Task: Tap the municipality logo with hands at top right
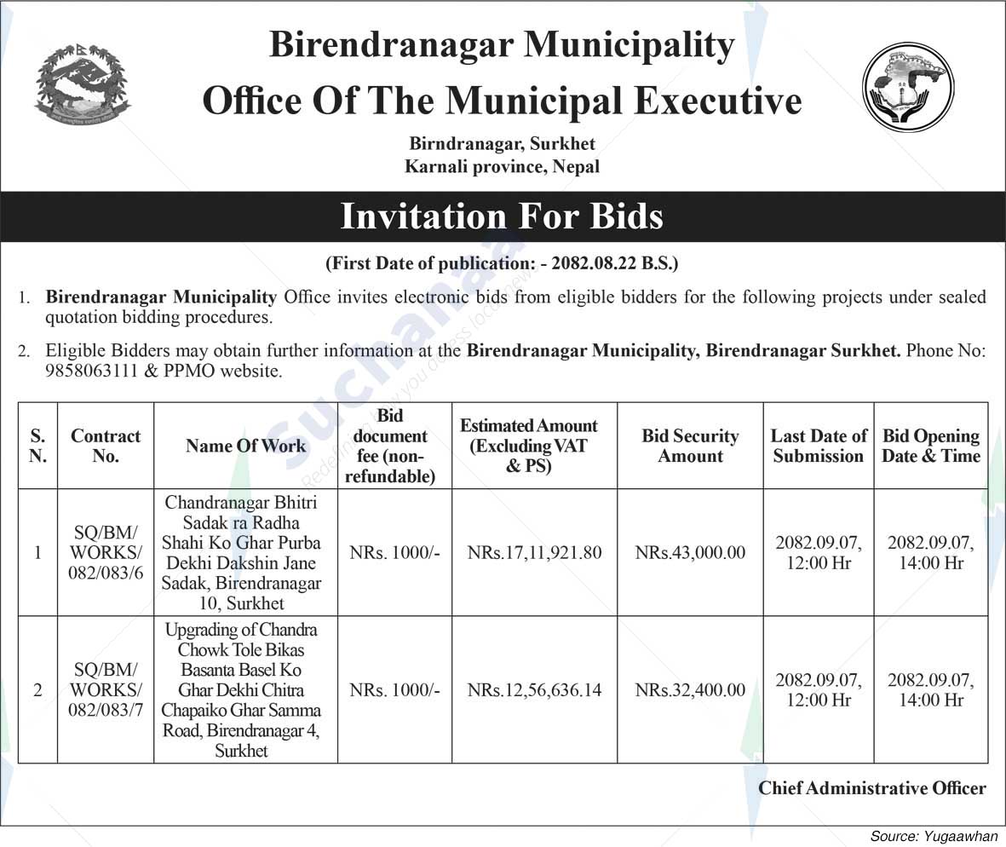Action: click(908, 87)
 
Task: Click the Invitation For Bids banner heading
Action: click(502, 216)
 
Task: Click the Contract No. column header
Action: click(106, 446)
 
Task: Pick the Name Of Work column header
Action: click(245, 446)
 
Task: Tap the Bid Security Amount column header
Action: click(690, 446)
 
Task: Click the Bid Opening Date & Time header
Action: click(931, 446)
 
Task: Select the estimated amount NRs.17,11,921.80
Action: click(535, 552)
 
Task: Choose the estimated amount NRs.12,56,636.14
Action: click(535, 689)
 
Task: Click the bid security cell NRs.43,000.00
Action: click(690, 552)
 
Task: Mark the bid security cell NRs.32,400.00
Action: click(690, 689)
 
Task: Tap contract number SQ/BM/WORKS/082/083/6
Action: click(106, 552)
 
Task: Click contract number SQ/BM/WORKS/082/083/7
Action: click(106, 689)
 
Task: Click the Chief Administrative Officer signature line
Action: click(872, 788)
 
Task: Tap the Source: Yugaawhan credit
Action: click(934, 837)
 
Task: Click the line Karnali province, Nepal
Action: click(502, 166)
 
